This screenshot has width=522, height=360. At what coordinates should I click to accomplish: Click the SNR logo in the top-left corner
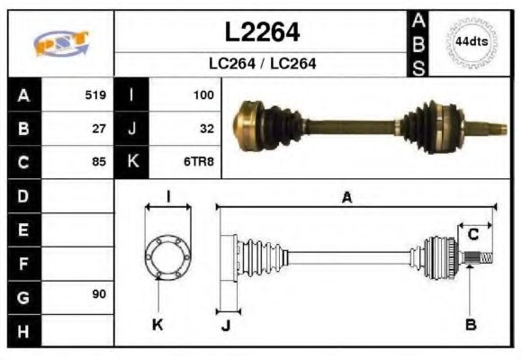tap(60, 43)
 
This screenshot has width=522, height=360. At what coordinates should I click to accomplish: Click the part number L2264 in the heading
tap(261, 32)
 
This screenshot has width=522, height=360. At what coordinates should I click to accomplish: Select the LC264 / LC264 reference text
tap(261, 64)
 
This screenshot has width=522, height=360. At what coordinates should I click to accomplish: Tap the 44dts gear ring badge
tap(471, 42)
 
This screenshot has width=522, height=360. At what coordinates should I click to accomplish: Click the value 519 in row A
tap(95, 94)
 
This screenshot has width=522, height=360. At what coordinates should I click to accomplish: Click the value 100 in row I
tap(202, 94)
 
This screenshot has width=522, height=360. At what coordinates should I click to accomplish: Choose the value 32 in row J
tap(206, 129)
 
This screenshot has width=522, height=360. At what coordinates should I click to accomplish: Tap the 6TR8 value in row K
tap(199, 163)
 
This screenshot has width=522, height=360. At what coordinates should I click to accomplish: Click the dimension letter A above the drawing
tap(346, 198)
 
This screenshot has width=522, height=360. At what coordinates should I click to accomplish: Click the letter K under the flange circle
tap(158, 324)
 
